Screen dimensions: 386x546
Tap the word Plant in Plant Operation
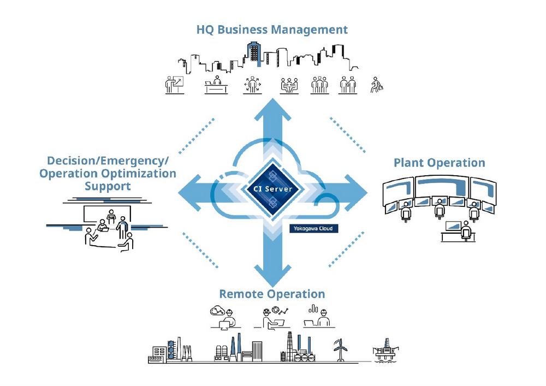(x=409, y=163)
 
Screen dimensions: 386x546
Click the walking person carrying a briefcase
(x=376, y=85)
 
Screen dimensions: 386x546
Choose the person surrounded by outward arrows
(x=252, y=85)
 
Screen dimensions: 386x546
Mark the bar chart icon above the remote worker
(x=313, y=308)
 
